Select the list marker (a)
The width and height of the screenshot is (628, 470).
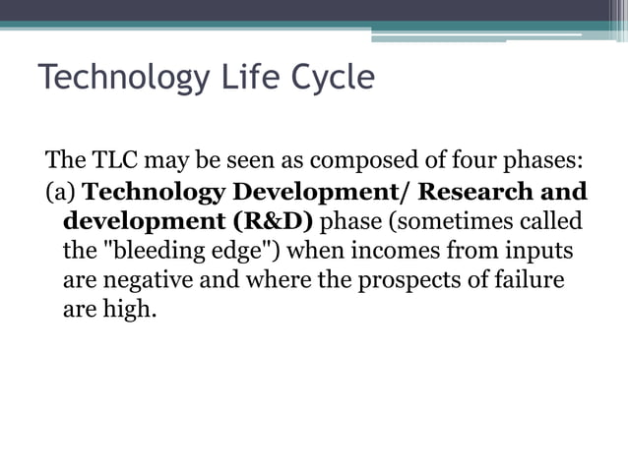click(x=61, y=191)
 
